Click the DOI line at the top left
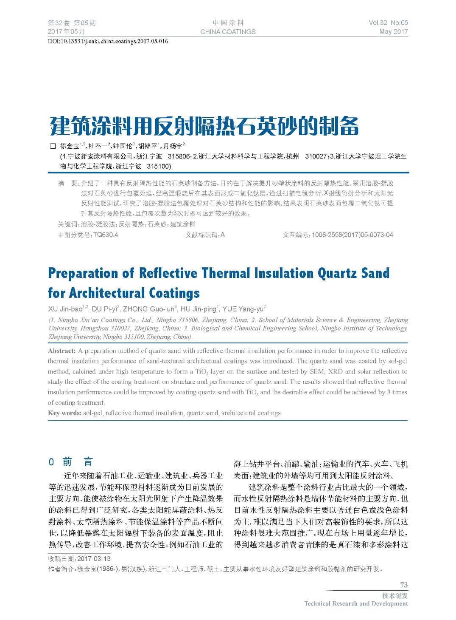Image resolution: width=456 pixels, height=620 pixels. (108, 41)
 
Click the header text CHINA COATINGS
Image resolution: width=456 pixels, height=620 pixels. (228, 31)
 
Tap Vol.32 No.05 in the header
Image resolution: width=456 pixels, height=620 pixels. (388, 23)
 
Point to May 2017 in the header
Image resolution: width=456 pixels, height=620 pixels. (394, 31)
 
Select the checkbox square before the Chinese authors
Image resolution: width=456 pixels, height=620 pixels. (53, 146)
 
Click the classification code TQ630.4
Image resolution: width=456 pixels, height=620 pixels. (106, 235)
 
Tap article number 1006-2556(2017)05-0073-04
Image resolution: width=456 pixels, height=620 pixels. (352, 235)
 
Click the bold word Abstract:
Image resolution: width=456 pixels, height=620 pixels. (62, 351)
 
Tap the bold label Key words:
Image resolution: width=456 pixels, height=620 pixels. (64, 413)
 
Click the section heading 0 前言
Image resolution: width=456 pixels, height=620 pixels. (71, 461)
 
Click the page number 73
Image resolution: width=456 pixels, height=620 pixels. (403, 585)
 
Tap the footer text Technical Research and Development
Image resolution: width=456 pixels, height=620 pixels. (356, 603)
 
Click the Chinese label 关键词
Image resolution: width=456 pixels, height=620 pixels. (68, 224)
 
